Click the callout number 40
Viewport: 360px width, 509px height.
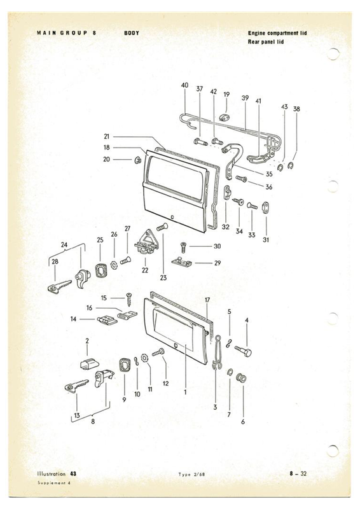point(184,85)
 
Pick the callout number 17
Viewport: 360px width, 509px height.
point(207,300)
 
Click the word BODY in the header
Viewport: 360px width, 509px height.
point(132,32)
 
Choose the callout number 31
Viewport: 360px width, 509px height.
point(265,240)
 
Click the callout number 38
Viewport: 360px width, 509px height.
point(296,109)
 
